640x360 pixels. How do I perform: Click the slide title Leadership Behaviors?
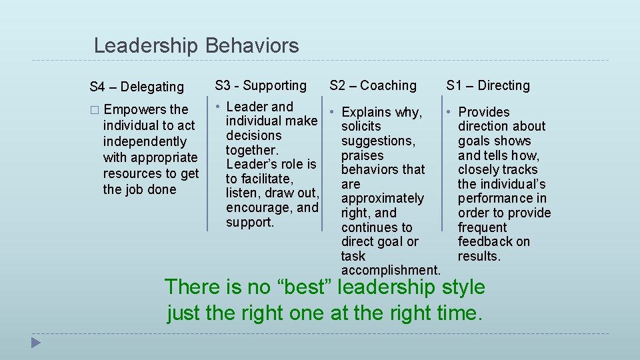(x=196, y=46)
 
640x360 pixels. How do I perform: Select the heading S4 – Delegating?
(x=137, y=87)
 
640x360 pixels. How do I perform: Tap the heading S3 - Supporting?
(x=261, y=85)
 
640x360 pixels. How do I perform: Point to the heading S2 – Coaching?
(x=373, y=85)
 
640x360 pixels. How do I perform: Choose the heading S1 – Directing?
(x=488, y=85)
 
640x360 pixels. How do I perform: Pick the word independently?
(x=145, y=141)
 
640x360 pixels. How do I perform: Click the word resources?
(x=131, y=173)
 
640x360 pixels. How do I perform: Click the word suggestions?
(x=378, y=141)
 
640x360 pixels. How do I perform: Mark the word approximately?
(x=383, y=199)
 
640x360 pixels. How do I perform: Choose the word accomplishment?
(x=390, y=270)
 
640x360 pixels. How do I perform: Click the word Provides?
(x=484, y=112)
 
